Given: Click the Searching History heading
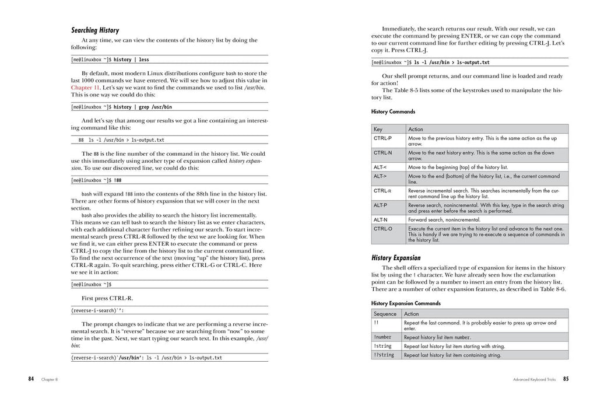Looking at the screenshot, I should point(95,30).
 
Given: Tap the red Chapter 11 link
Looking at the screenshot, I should point(85,88).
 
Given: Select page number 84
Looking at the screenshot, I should point(31,379).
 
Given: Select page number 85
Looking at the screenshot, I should point(566,379).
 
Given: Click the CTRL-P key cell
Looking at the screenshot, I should point(383,138).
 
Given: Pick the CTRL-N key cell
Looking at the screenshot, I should point(383,153).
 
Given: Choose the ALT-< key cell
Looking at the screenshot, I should point(381,167).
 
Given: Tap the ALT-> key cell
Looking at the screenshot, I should point(381,176).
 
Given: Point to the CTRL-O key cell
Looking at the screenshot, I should point(383,229).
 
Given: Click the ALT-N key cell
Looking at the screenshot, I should point(381,219).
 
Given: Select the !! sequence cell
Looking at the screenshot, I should point(376,323).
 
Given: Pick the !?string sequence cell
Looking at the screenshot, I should point(384,355).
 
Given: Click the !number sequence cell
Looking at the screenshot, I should point(382,337).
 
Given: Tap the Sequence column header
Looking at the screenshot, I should point(385,314).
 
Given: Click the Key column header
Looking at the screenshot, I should point(378,129).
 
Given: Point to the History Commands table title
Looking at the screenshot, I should point(393,111).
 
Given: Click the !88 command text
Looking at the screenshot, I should point(118,181).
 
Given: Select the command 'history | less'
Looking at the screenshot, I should point(131,60).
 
